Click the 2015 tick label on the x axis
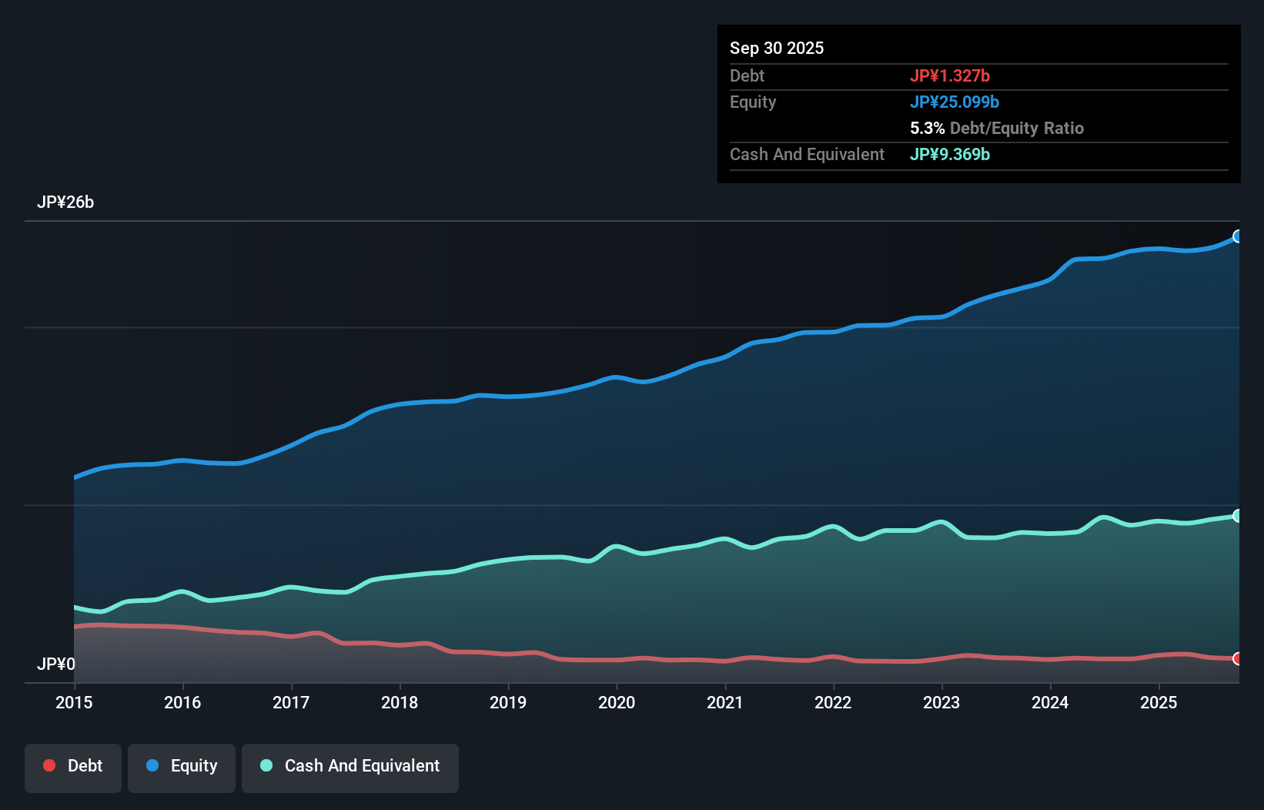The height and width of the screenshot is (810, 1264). click(x=74, y=702)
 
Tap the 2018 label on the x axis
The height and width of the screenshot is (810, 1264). click(x=400, y=702)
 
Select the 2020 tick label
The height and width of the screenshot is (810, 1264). click(x=617, y=702)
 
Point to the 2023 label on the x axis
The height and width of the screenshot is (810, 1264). click(x=941, y=702)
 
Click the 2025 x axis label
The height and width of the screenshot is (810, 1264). click(x=1159, y=702)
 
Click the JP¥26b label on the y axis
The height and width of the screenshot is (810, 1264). click(x=65, y=202)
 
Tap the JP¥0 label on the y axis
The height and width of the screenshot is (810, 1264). click(x=56, y=664)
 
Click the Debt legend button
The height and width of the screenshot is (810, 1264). click(x=73, y=766)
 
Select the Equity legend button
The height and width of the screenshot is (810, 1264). click(x=182, y=766)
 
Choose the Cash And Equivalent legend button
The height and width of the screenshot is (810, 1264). click(x=350, y=766)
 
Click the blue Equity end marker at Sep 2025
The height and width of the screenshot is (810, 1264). click(x=1237, y=236)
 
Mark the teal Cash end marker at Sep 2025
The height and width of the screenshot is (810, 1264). click(x=1237, y=516)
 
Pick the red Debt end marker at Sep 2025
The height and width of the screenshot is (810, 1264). click(x=1237, y=658)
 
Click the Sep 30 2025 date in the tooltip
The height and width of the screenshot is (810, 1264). click(x=777, y=48)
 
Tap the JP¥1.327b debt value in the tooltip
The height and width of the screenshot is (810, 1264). click(x=950, y=75)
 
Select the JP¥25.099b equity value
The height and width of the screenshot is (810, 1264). click(x=955, y=102)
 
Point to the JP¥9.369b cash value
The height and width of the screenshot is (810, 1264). click(x=950, y=154)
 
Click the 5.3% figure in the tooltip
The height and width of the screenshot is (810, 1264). click(x=927, y=128)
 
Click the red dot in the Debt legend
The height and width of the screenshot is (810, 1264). click(x=49, y=765)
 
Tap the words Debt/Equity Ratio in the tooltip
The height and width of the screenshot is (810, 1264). click(x=1017, y=128)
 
